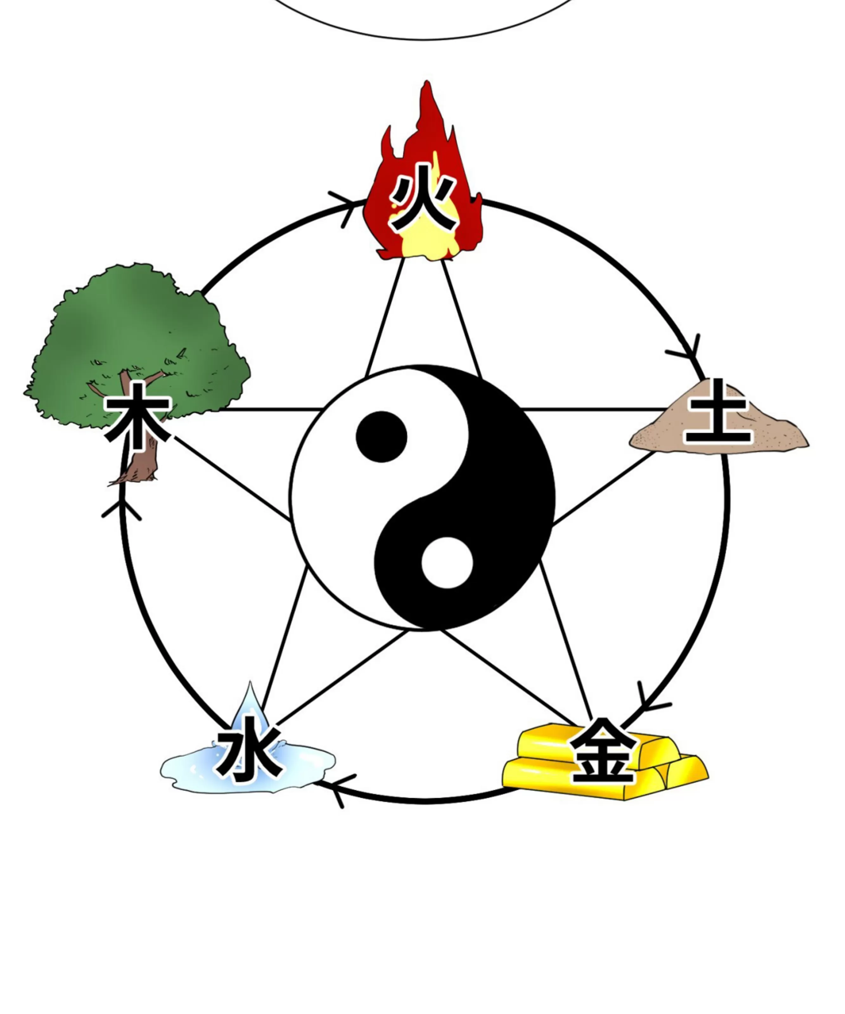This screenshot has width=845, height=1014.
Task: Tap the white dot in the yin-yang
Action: pos(447,563)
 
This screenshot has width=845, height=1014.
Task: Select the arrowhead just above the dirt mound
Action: pos(686,351)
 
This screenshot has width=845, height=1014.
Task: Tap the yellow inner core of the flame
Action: pos(425,239)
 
